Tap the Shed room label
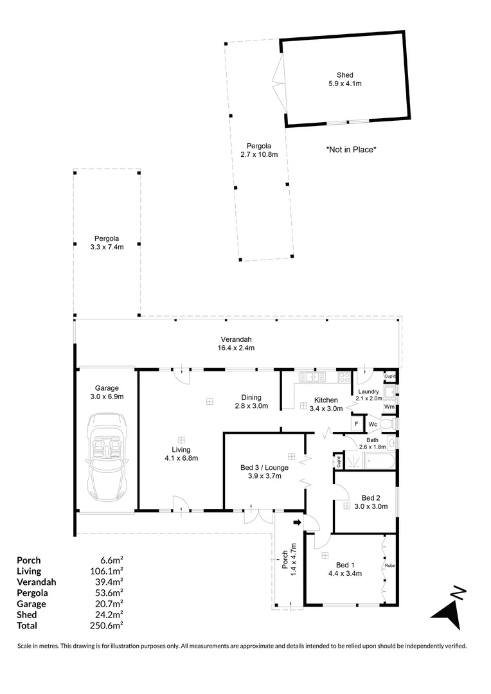(345, 75)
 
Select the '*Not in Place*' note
(351, 149)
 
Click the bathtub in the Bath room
(372, 459)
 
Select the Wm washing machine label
(388, 407)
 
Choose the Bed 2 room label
(371, 497)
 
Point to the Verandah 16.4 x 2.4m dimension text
(237, 348)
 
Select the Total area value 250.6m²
(107, 625)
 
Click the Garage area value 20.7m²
(107, 603)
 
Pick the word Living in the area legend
(29, 571)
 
